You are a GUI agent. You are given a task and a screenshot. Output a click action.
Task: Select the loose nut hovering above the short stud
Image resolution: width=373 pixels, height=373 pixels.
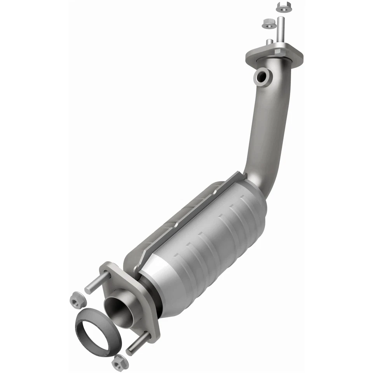(268, 23)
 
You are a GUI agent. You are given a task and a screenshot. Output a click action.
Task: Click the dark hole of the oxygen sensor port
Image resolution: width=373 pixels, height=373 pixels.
(262, 77)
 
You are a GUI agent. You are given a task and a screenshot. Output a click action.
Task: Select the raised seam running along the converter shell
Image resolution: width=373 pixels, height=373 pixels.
(186, 221)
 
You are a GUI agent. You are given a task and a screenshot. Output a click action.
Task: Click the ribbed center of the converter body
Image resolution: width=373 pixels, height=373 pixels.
(218, 241)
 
